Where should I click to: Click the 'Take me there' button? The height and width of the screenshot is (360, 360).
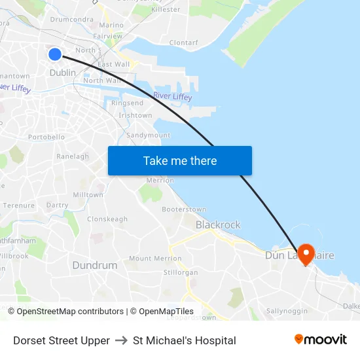(x=179, y=161)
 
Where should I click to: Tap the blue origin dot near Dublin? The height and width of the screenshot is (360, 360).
(x=55, y=54)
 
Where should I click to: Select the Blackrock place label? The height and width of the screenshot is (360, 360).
(x=218, y=225)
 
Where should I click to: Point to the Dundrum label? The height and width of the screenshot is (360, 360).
(x=95, y=266)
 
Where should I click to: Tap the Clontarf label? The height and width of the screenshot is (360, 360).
(x=183, y=43)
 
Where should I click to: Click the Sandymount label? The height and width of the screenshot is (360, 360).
(x=148, y=135)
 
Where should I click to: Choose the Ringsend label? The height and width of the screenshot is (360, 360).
(x=127, y=103)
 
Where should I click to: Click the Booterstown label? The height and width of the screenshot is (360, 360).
(x=184, y=209)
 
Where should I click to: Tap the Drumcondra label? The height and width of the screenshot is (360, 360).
(x=71, y=20)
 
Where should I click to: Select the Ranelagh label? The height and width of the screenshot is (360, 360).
(x=73, y=157)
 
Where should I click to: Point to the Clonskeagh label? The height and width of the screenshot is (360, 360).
(x=107, y=219)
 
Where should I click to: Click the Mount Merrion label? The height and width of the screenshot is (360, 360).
(x=155, y=259)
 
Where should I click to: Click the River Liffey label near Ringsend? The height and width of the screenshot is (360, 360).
(x=173, y=97)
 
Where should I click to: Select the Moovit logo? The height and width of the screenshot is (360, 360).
(x=320, y=340)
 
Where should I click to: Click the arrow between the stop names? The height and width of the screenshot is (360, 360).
(x=121, y=340)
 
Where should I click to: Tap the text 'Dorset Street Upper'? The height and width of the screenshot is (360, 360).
(x=62, y=340)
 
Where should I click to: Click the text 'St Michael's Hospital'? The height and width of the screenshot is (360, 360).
(x=184, y=340)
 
